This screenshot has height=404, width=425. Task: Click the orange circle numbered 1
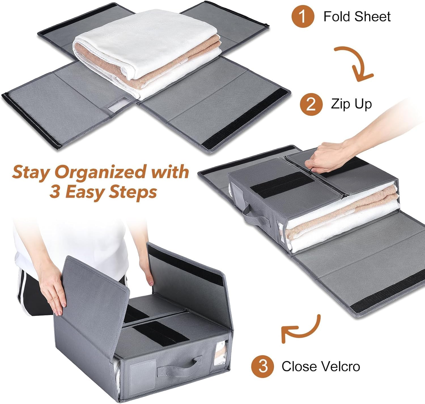[303, 16]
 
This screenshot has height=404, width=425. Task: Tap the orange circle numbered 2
[311, 104]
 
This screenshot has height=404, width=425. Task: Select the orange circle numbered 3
[263, 366]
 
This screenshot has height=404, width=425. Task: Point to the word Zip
[340, 104]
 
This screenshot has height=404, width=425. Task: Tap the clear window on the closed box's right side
[220, 353]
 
